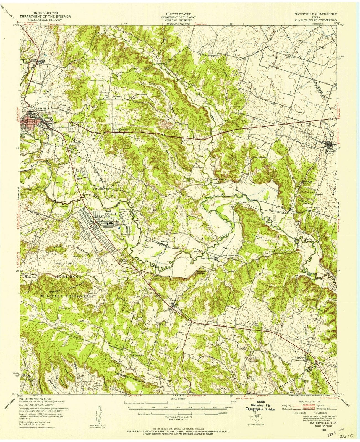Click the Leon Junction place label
coord(207,258)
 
